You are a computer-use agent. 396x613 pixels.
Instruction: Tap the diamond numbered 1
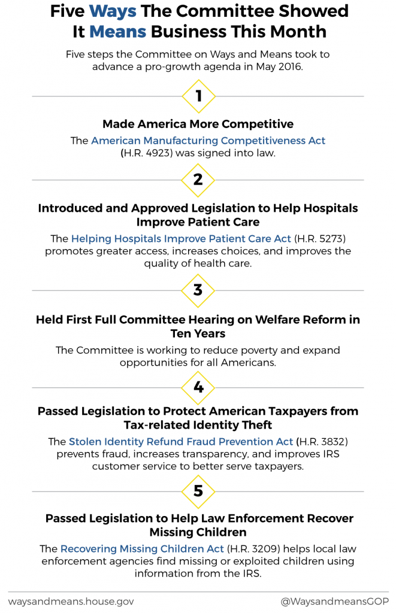point(198,96)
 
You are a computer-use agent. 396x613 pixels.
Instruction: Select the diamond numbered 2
point(198,180)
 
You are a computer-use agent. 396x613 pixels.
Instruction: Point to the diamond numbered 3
point(198,290)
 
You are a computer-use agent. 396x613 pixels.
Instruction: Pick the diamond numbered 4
point(198,387)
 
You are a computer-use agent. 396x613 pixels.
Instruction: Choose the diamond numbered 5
point(198,491)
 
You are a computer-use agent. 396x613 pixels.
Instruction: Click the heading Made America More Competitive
point(198,124)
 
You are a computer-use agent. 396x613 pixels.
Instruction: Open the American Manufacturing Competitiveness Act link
point(208,141)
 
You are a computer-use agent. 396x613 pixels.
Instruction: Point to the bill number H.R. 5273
point(324,239)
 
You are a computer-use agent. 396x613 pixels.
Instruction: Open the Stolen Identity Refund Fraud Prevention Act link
point(181,442)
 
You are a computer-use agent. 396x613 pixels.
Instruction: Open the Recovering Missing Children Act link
point(141,548)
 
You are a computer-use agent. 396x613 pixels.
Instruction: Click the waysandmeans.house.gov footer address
point(71,601)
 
